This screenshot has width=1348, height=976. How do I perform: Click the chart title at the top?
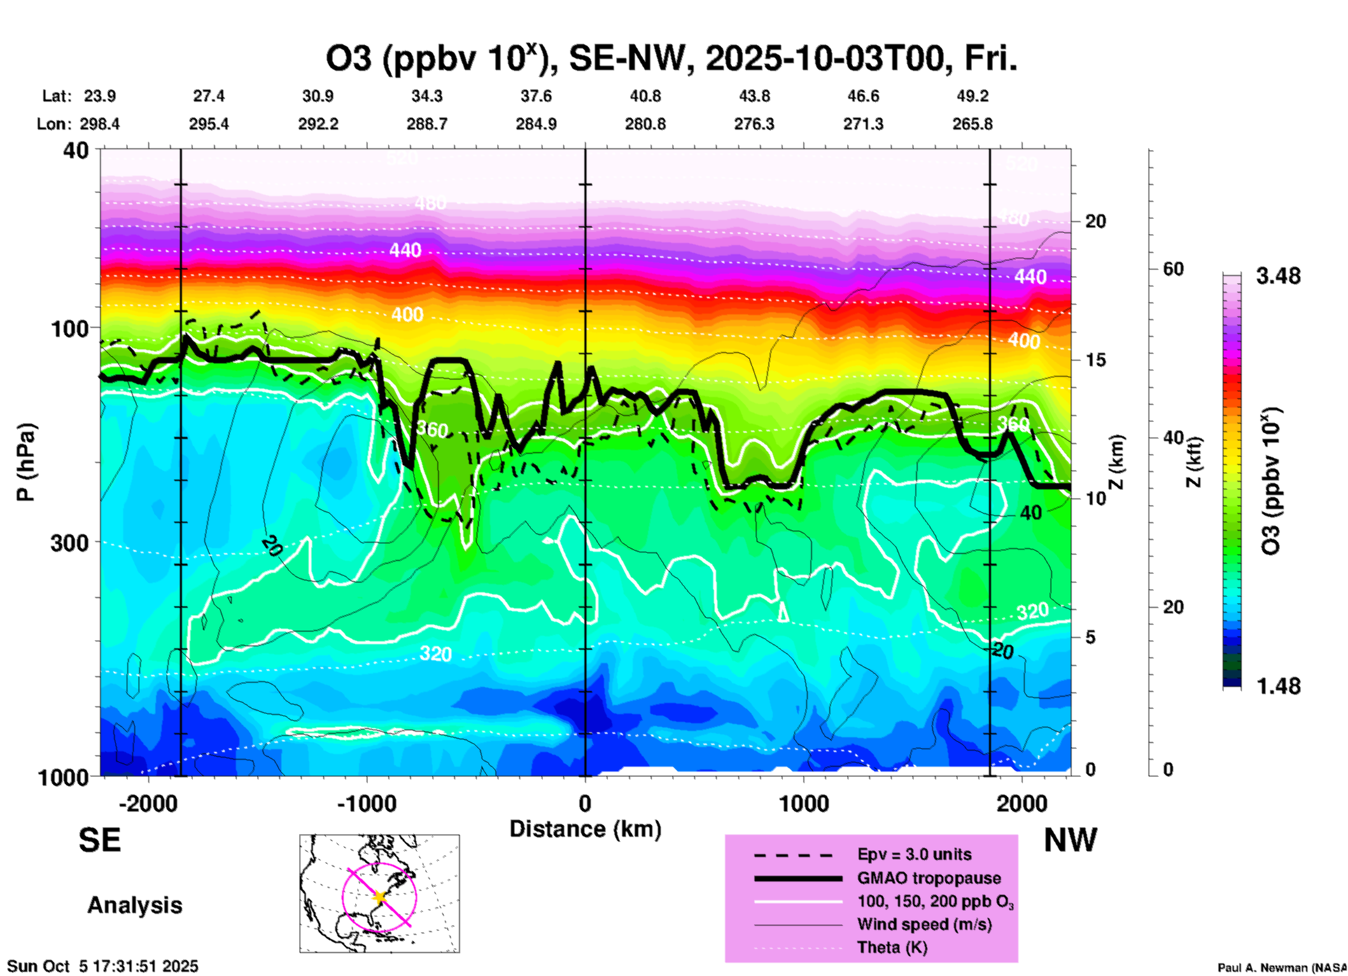[671, 58]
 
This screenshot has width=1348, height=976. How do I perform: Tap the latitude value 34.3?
[426, 96]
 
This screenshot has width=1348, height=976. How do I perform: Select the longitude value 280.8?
[645, 124]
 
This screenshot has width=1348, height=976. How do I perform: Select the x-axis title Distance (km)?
[585, 829]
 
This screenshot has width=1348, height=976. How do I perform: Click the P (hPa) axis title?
[25, 462]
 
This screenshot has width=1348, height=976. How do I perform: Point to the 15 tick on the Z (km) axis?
[1095, 360]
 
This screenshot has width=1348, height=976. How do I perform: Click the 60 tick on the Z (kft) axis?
[1173, 269]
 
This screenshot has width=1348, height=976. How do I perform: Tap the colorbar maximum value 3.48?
[1278, 277]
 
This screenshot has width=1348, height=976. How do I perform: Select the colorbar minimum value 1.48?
[1278, 686]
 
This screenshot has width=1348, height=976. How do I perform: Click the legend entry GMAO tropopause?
[929, 878]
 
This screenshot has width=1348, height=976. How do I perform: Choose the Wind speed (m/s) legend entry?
[924, 924]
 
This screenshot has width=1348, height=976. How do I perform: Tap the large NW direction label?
[1070, 840]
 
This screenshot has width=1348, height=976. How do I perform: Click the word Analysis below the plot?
[134, 905]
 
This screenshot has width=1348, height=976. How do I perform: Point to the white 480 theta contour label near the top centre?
[430, 204]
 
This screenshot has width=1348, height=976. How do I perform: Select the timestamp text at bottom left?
[103, 966]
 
